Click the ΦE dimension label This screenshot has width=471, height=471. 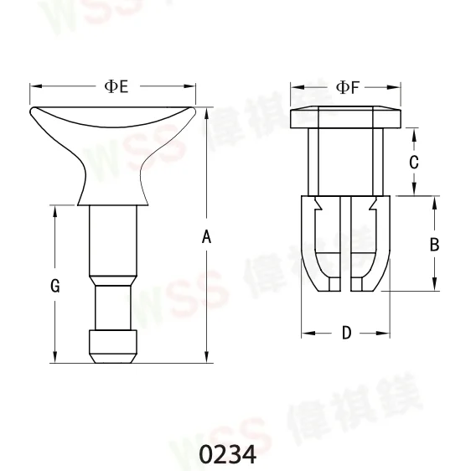pyautogui.click(x=116, y=86)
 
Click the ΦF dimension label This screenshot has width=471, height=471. pyautogui.click(x=346, y=86)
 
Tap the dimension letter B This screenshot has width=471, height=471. pyautogui.click(x=434, y=245)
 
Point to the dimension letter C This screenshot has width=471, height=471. pyautogui.click(x=413, y=163)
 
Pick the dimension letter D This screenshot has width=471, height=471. pyautogui.click(x=346, y=334)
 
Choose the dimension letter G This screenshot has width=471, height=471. pyautogui.click(x=54, y=286)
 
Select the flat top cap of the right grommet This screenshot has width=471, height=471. pyautogui.click(x=345, y=116)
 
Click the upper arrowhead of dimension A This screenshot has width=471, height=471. pyautogui.click(x=207, y=112)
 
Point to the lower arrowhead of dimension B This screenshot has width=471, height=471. pyautogui.click(x=434, y=285)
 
